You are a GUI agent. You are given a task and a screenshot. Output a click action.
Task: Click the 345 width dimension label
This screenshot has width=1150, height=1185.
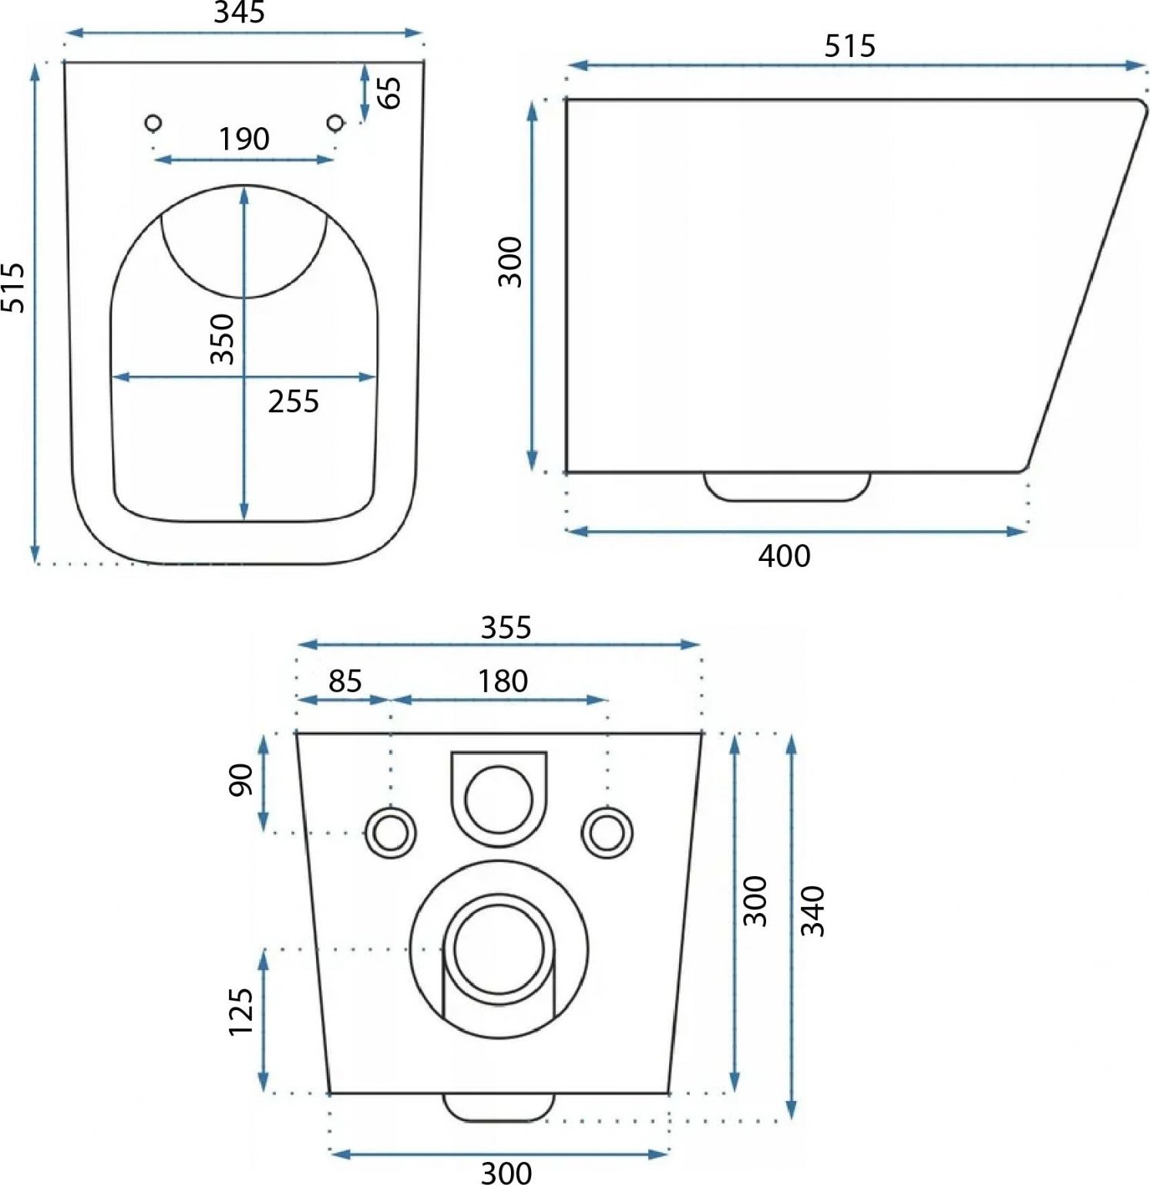(240, 12)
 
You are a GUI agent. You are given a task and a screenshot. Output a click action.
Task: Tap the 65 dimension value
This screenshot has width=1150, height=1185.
(390, 92)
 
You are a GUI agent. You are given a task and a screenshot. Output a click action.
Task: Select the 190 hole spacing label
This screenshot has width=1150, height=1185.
(244, 139)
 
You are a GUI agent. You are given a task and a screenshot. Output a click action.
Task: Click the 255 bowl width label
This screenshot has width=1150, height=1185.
(294, 401)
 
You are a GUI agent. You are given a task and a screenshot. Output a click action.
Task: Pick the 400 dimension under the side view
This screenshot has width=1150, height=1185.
(784, 556)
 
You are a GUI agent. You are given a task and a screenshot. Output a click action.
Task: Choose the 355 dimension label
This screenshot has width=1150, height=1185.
(506, 627)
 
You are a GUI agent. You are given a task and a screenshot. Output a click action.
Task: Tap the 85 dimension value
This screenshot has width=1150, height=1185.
(345, 681)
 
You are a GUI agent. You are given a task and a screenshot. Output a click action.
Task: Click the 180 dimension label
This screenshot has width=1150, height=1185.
(503, 681)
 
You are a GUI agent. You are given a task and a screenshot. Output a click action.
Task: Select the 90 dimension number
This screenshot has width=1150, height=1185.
(240, 779)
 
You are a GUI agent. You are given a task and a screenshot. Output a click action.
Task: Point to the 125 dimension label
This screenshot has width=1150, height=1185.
(240, 1011)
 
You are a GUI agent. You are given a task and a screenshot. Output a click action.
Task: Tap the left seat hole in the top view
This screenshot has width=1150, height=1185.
(153, 122)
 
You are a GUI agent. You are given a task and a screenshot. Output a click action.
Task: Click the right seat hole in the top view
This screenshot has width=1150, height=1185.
(335, 122)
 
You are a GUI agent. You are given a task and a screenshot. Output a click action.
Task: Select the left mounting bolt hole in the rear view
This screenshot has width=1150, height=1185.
(391, 832)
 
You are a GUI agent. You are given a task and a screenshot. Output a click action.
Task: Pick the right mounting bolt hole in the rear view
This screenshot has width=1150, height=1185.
(607, 832)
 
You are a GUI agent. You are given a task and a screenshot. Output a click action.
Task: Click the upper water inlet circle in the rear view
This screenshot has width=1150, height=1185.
(499, 799)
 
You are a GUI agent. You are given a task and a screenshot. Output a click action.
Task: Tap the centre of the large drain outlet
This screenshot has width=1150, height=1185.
(499, 949)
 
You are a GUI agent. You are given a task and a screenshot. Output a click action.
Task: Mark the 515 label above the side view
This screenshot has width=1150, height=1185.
(849, 46)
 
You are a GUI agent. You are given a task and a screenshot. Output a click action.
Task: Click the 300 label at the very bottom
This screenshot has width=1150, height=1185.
(506, 1173)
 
